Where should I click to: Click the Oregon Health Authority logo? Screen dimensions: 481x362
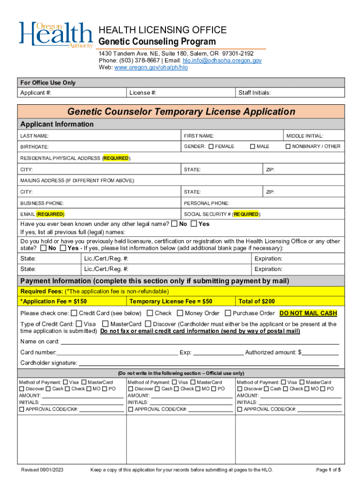55,35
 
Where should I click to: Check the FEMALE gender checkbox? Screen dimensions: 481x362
211,146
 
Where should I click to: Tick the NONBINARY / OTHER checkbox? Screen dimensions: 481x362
288,146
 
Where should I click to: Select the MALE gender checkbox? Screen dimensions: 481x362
252,146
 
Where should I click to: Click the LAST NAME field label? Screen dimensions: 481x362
34,136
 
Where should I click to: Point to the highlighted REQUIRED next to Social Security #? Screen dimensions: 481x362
246,214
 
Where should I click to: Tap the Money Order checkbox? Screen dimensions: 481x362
180,313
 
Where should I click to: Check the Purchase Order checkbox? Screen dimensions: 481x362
228,313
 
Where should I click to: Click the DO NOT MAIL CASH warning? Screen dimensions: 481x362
308,313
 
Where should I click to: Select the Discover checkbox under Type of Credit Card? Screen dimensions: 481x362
148,324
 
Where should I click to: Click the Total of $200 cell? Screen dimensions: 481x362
257,301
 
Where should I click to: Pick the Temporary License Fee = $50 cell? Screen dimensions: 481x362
171,301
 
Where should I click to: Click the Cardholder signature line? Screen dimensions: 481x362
208,363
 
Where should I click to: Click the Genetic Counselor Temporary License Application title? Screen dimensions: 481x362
181,112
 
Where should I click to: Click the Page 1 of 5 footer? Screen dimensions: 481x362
329,470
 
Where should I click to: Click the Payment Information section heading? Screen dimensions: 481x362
154,281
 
